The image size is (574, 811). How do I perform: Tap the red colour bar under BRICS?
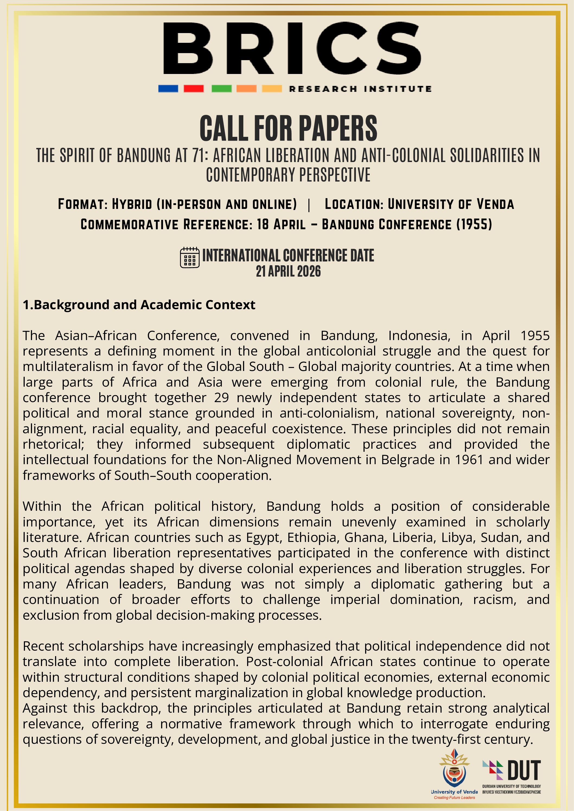click(x=193, y=88)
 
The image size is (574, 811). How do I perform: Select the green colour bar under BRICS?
click(x=221, y=88)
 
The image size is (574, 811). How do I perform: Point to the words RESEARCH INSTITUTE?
click(x=360, y=89)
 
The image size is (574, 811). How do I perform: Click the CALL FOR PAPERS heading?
click(x=288, y=128)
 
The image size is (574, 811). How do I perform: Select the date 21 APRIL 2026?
click(x=288, y=271)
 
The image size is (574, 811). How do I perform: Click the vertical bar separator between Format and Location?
click(x=309, y=205)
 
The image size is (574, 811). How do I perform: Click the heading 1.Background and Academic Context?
click(x=139, y=305)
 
